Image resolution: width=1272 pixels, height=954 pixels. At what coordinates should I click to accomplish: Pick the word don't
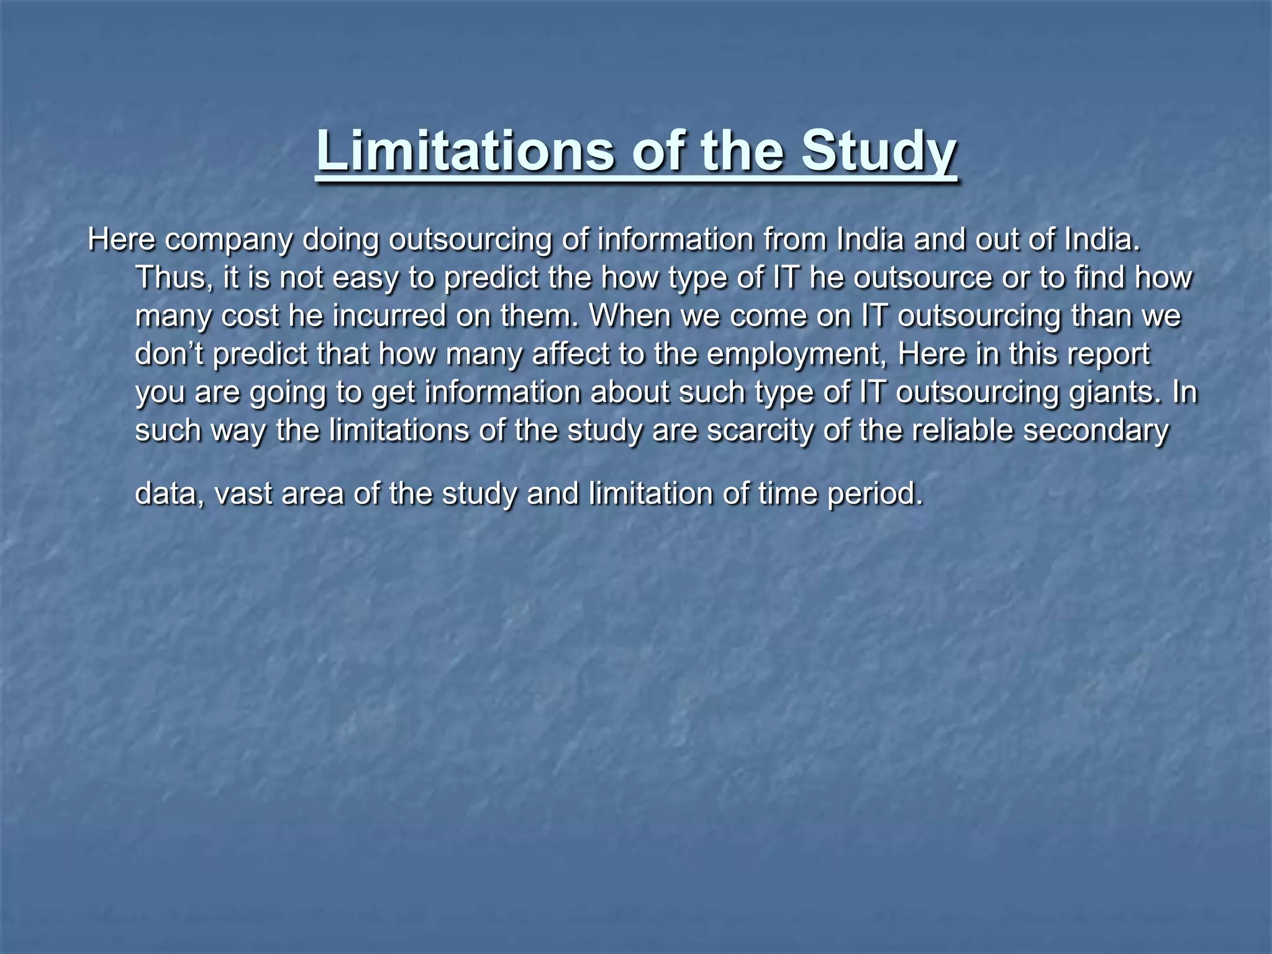tap(170, 354)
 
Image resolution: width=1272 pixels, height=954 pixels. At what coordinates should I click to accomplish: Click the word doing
tap(340, 240)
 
